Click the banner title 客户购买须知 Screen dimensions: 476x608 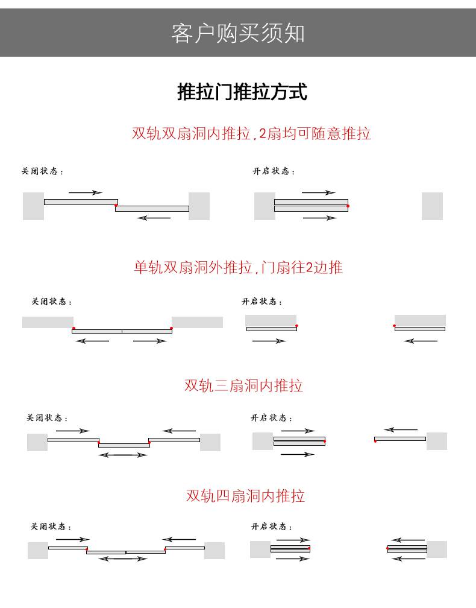238,33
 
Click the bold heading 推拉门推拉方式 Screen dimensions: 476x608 242,92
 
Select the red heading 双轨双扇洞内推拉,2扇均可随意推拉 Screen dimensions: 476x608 251,133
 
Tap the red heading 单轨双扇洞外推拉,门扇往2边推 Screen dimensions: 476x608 238,267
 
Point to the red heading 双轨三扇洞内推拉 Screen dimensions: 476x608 243,385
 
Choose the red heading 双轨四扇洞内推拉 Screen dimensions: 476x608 245,496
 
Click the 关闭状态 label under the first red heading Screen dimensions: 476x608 42,171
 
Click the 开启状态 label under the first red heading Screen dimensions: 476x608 274,171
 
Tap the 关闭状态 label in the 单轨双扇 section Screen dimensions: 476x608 51,302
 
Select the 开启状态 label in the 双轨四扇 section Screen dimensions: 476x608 272,526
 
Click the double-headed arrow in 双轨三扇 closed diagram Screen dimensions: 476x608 123,455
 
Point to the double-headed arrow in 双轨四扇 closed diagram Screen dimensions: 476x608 123,559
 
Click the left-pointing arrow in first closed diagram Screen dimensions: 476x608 154,218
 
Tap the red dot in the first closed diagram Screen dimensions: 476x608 116,205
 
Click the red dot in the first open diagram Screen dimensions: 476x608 348,206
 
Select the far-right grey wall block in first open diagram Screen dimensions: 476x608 432,206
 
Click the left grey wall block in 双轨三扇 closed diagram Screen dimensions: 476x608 37,443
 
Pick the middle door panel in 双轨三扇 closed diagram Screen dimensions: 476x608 124,446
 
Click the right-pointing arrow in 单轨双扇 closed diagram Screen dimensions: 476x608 150,341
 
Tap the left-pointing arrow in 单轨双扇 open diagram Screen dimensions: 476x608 421,341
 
